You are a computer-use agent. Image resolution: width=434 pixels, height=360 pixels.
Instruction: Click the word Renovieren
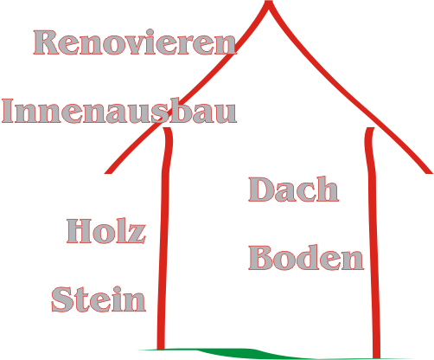pos(135,42)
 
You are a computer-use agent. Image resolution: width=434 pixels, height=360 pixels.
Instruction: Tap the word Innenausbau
pos(119,111)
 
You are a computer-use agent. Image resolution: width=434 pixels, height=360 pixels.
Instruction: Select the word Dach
pos(293,190)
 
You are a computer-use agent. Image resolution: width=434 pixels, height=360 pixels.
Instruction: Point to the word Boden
pos(306,258)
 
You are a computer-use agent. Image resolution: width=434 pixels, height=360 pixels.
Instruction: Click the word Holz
pos(106,231)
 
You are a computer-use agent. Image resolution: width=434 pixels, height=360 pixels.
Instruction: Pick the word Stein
pos(99,299)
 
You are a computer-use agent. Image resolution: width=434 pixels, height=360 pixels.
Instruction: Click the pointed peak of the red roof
pos(269,3)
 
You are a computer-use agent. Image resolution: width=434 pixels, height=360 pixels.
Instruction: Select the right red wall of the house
pos(373,242)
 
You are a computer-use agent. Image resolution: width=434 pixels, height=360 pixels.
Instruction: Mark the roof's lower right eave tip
pos(430,172)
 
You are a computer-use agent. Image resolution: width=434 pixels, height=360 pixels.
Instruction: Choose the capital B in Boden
pos(260,258)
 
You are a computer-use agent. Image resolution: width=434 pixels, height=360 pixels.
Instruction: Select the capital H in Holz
pos(79,231)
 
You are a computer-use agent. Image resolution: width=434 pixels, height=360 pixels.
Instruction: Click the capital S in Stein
pos(61,299)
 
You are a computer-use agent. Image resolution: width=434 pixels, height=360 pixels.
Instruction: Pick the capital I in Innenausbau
pos(8,111)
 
